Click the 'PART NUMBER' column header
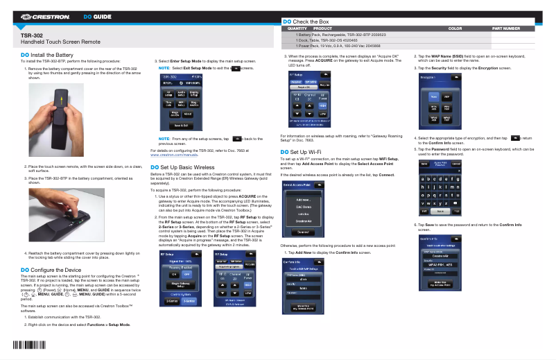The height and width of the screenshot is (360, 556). [505, 28]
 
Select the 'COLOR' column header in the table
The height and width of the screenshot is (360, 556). [455, 28]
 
